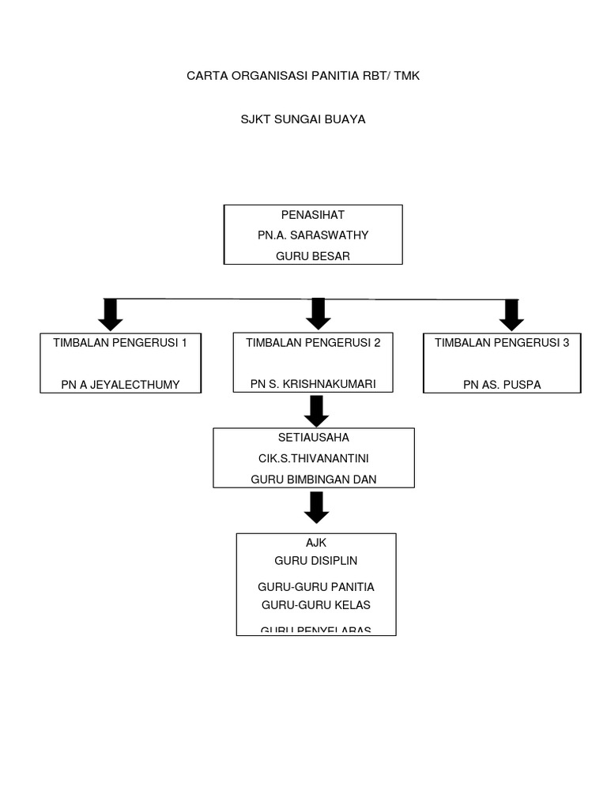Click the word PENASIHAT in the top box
point(313,215)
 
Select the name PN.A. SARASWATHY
point(313,235)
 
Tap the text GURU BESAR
point(313,256)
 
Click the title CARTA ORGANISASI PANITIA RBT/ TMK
point(308,77)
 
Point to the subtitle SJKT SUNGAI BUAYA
point(303,120)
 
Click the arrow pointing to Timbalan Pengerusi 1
point(110,314)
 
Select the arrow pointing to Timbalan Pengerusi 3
point(511,314)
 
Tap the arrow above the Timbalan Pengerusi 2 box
point(318,314)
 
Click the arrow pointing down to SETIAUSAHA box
point(317,410)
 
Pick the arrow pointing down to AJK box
point(316,507)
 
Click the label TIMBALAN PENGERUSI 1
point(120,343)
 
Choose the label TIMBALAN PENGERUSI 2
point(313,343)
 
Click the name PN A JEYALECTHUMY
point(120,385)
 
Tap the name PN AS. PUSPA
point(503,385)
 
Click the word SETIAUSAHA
point(313,437)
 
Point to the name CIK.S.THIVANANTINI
point(313,457)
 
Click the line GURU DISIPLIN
point(315,561)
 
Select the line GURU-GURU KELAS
point(315,605)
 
